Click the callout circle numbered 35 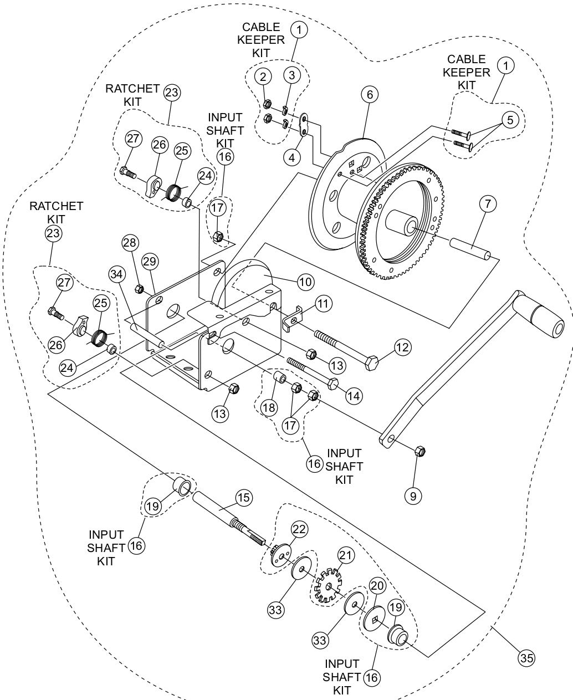526,658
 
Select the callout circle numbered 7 487,204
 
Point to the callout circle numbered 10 305,282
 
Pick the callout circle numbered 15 243,498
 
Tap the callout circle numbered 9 412,495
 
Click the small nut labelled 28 140,288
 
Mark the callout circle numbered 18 269,407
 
